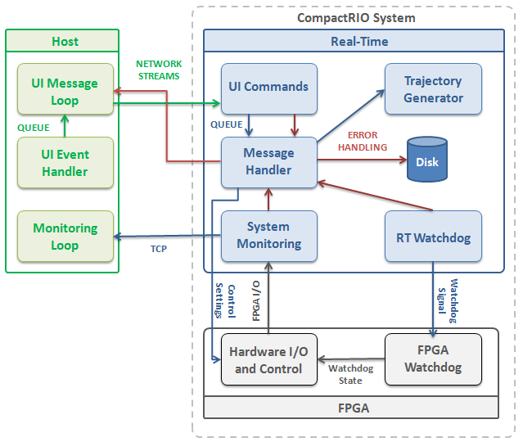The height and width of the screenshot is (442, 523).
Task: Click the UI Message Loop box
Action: coord(65,89)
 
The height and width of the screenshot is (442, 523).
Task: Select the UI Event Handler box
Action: coord(65,163)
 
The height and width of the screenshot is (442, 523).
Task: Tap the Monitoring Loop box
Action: coord(65,237)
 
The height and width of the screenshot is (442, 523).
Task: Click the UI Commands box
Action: coord(269,89)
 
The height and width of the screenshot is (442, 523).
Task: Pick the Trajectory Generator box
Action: coord(433,89)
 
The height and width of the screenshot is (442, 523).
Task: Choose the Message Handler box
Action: coord(269,162)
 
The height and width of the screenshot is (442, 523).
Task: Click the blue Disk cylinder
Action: coord(427,160)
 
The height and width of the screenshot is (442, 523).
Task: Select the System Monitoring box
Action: coord(269,237)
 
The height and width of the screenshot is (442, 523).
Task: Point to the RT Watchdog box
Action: coord(433,237)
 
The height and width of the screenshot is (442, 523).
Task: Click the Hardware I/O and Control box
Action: coord(269,359)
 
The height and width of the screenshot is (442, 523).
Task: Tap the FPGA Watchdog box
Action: coord(433,359)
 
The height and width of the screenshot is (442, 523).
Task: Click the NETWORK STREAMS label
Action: coord(159,70)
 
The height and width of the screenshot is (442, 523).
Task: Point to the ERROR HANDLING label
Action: coord(363,141)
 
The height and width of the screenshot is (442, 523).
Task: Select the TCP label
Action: coord(159,249)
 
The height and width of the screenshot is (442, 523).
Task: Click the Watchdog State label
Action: coord(350,374)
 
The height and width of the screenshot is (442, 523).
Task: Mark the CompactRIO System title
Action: coord(356,18)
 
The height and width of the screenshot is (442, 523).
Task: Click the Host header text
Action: coord(65,42)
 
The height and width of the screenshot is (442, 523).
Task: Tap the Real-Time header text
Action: coord(359,42)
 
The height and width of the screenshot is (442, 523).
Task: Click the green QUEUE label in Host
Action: coord(34,128)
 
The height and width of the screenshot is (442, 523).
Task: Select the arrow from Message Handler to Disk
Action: coord(362,160)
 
